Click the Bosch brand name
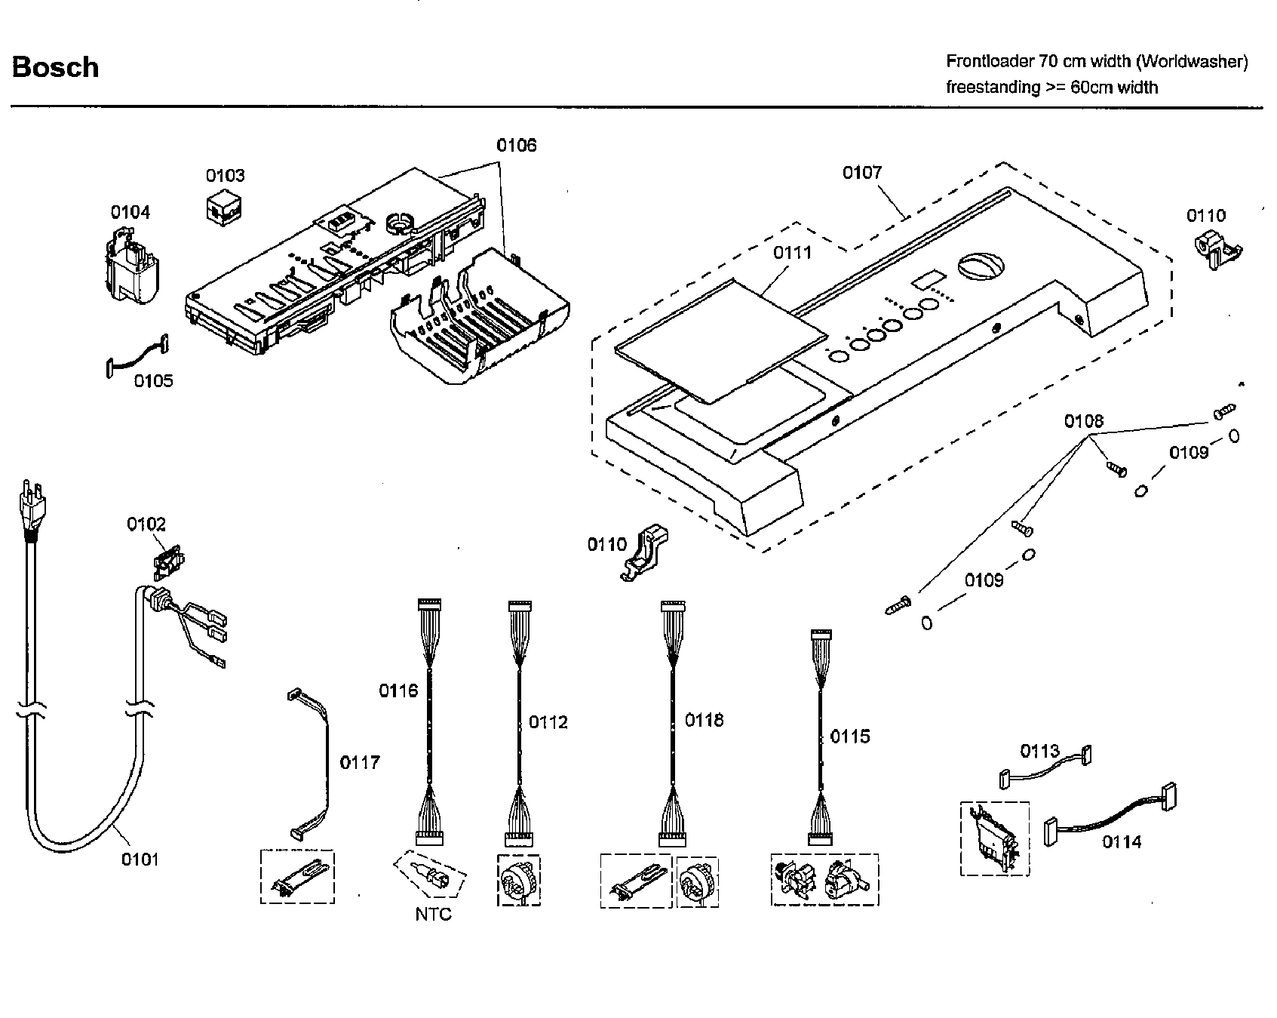click(55, 67)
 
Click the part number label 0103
click(225, 176)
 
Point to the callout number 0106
click(516, 145)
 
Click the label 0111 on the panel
click(792, 253)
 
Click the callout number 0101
click(140, 859)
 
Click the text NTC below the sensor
click(433, 915)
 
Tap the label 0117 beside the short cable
click(359, 763)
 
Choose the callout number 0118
click(704, 721)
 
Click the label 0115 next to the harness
click(849, 737)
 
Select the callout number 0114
click(1122, 841)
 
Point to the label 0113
click(1039, 751)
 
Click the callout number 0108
click(1083, 421)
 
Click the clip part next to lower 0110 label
click(645, 553)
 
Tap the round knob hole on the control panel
click(980, 266)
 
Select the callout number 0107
click(861, 173)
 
